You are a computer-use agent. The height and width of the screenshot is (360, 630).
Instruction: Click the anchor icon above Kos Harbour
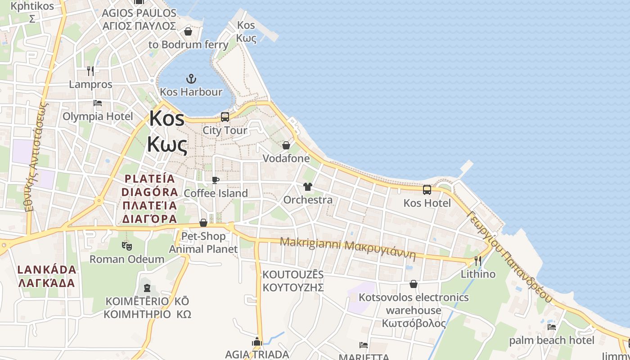(191, 79)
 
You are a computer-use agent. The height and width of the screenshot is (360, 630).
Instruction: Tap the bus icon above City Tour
(225, 117)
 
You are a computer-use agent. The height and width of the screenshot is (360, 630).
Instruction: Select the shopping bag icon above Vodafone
(286, 145)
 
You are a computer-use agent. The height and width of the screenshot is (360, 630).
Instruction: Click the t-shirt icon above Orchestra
(308, 186)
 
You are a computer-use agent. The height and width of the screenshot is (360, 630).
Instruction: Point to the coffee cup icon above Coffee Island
(216, 180)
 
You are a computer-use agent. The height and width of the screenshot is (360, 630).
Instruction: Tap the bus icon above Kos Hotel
(427, 190)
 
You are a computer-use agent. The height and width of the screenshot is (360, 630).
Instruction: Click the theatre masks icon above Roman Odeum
(127, 246)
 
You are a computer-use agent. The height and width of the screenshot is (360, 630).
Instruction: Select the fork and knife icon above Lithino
(478, 261)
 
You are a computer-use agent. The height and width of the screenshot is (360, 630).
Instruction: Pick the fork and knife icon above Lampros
(90, 71)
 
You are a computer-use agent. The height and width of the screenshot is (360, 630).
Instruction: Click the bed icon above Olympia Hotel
(98, 103)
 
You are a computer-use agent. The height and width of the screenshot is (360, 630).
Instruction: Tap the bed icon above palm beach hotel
(552, 327)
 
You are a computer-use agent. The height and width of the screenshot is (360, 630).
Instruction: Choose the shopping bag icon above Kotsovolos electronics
(414, 284)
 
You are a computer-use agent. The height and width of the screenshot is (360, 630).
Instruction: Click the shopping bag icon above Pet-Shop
(203, 223)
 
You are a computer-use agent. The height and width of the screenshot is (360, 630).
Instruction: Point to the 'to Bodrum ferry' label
(189, 45)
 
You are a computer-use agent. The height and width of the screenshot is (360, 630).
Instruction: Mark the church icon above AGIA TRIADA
(257, 342)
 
